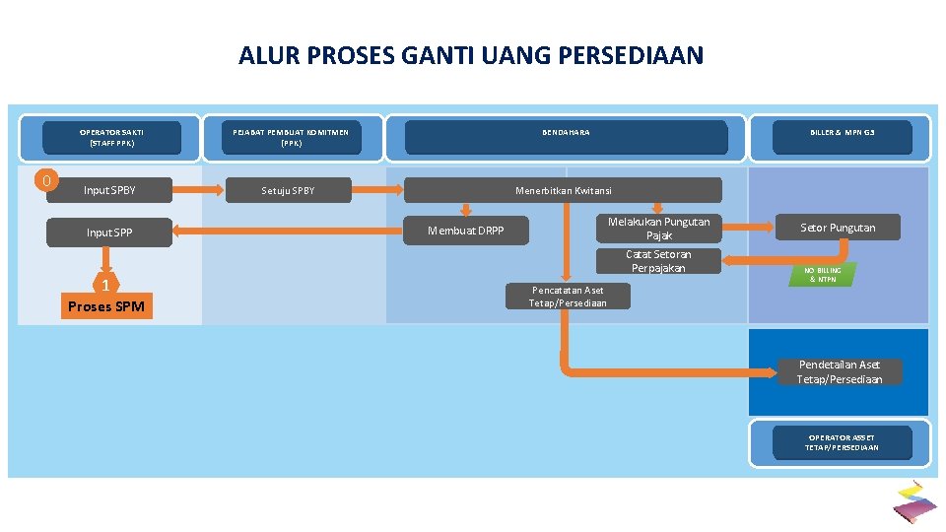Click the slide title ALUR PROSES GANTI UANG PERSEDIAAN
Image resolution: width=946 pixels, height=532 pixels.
click(x=471, y=55)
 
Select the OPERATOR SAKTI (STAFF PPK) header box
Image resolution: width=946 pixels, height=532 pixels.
click(x=111, y=137)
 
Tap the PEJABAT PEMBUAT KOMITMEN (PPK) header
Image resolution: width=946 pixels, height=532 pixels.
click(x=291, y=137)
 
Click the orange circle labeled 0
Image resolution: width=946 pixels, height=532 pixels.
click(x=46, y=180)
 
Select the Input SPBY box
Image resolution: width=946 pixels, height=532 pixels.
click(x=110, y=190)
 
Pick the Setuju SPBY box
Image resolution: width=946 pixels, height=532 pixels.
click(x=288, y=190)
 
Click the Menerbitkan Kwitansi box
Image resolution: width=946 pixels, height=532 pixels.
click(x=563, y=190)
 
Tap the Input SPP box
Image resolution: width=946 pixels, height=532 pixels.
click(x=109, y=233)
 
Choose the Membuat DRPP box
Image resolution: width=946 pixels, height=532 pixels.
click(x=465, y=232)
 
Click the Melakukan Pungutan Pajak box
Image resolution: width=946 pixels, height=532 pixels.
click(x=658, y=229)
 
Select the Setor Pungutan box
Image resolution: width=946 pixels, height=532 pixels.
click(x=837, y=228)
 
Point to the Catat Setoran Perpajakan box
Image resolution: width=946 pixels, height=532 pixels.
click(x=658, y=261)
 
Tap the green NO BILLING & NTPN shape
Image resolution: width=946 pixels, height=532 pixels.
click(x=822, y=275)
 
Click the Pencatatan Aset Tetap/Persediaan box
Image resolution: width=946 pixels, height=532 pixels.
click(x=568, y=297)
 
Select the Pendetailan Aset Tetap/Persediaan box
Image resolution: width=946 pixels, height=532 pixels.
click(x=839, y=371)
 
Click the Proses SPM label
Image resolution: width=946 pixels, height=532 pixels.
click(x=105, y=306)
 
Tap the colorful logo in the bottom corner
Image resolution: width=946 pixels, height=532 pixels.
click(x=914, y=501)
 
